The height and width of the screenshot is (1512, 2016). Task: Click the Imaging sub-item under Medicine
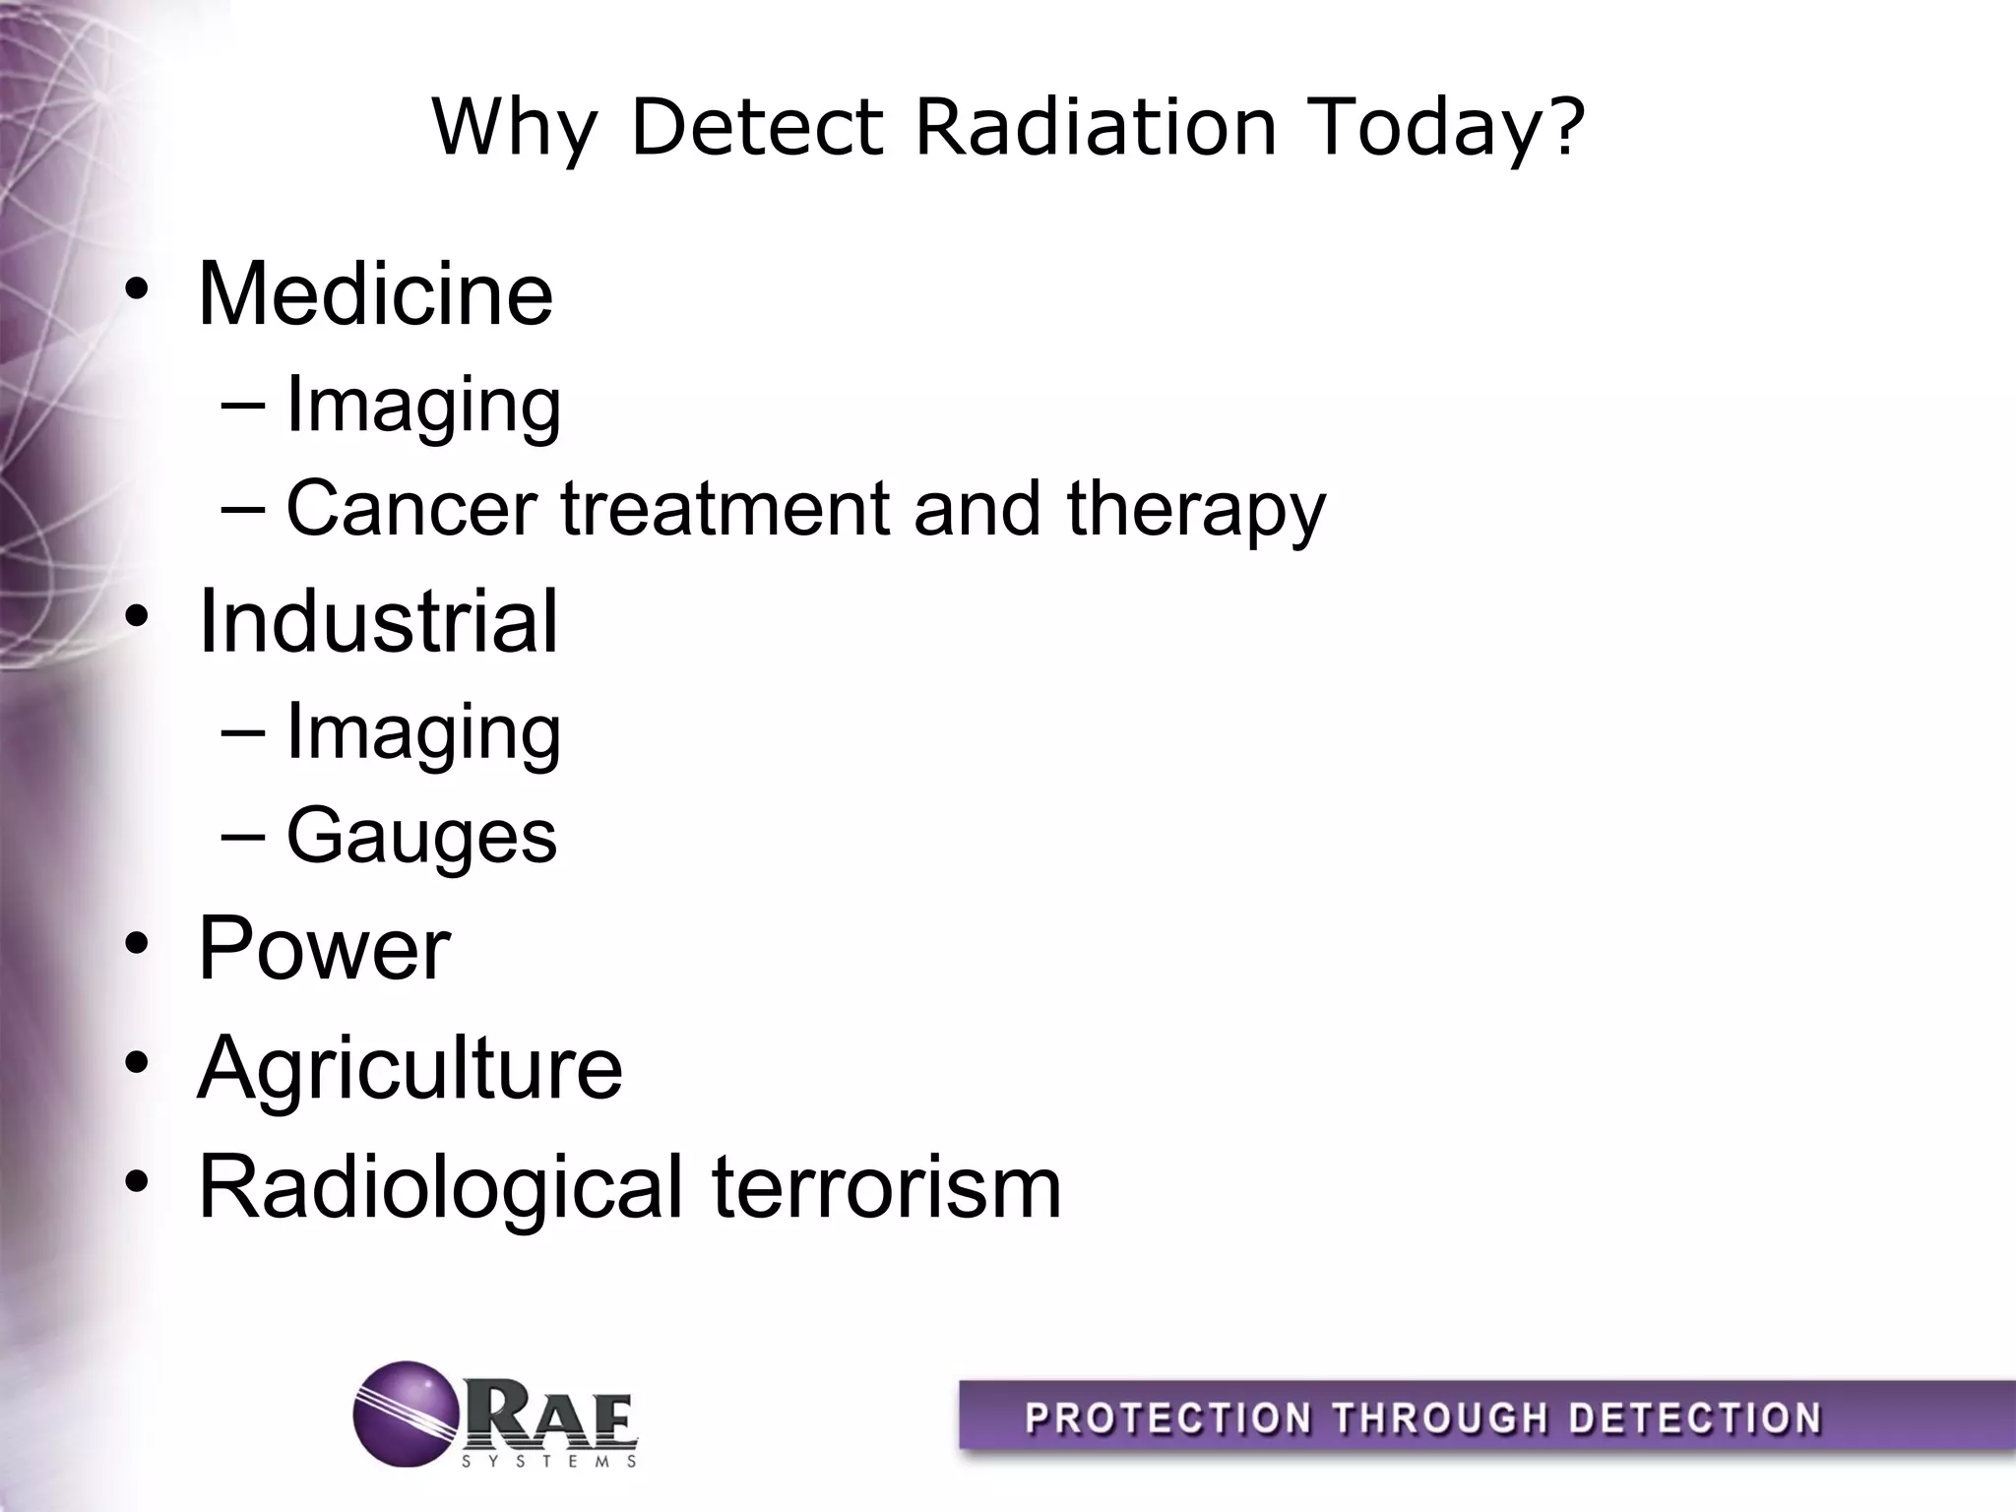coord(423,406)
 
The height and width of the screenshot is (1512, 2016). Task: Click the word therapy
coord(1196,509)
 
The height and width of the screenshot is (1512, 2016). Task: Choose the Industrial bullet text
coord(378,621)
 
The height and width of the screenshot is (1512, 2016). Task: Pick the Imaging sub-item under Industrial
coord(423,732)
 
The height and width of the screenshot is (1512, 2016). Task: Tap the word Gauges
coord(421,837)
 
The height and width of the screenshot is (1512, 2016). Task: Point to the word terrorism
coord(886,1187)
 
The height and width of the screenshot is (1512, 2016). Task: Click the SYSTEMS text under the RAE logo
coord(549,1462)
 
